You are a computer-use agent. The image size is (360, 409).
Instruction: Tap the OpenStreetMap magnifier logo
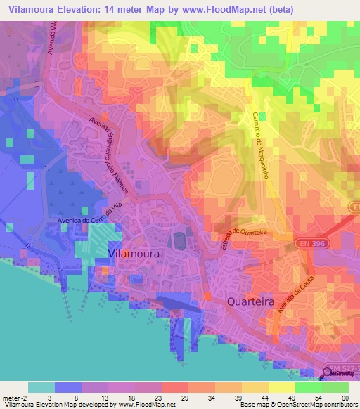pyautogui.click(x=328, y=375)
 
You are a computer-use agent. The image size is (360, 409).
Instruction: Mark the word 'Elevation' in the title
pyautogui.click(x=85, y=10)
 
